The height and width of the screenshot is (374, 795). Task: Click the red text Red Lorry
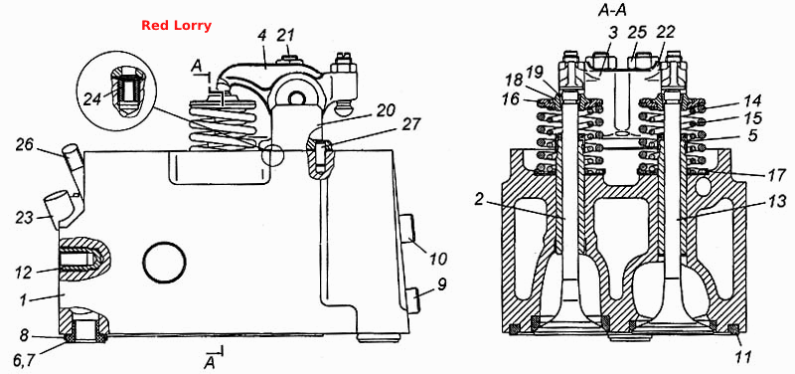176,26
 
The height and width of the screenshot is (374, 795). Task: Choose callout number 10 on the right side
437,260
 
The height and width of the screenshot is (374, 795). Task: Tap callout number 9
441,284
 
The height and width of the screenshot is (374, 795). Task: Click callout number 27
410,125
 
